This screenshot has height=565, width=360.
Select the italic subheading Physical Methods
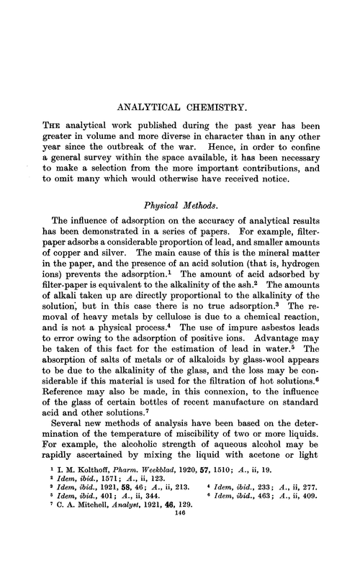click(x=180, y=204)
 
